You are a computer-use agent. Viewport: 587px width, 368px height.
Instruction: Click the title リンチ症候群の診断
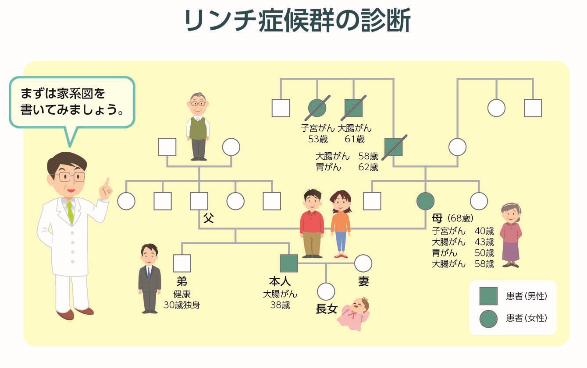(298, 21)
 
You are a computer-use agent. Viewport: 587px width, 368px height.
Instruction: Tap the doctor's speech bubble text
(71, 102)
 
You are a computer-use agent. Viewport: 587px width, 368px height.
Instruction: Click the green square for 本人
(289, 263)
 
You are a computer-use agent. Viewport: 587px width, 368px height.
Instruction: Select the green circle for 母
(425, 201)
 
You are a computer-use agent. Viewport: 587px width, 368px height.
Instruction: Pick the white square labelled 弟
(182, 263)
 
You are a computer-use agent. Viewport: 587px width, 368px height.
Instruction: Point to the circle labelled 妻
(363, 263)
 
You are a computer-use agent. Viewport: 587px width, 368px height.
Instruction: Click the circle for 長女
(326, 291)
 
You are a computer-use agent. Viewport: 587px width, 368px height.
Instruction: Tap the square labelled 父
(199, 201)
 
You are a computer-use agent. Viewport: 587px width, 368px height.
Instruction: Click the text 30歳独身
(181, 305)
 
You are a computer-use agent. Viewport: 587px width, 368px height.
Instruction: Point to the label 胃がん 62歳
(346, 167)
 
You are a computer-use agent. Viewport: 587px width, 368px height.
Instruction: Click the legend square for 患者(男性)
(488, 296)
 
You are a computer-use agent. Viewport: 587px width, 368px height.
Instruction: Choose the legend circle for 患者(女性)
(488, 318)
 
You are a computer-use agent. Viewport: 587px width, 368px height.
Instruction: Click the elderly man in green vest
(198, 127)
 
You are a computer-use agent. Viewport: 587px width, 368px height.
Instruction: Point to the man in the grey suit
(149, 279)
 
